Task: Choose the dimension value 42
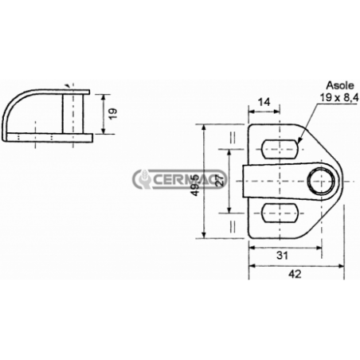tap(295, 274)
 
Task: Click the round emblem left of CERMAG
tap(144, 179)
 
